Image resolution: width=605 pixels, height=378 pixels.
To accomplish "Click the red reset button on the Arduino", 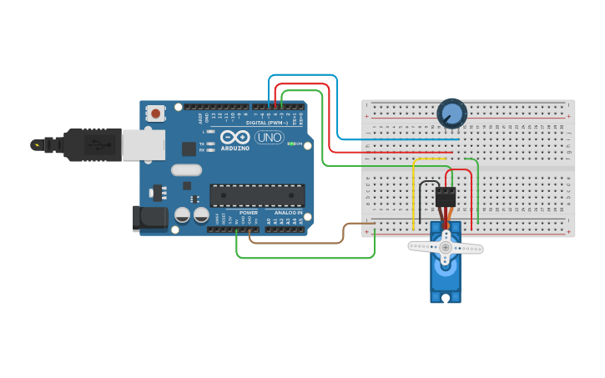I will click(x=154, y=113).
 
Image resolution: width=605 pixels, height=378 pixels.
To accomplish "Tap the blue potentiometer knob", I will click(x=451, y=113).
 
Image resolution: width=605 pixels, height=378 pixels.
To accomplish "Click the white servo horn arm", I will click(x=445, y=247).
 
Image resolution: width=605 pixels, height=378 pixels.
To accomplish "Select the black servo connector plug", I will click(x=446, y=197).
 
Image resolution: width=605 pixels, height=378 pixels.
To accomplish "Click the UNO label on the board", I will click(x=269, y=137).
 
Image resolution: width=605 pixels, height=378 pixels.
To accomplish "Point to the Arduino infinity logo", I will click(x=235, y=137).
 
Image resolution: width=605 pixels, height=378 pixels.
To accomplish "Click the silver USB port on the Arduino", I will click(x=144, y=144).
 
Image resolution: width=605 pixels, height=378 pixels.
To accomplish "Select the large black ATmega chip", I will click(x=257, y=195).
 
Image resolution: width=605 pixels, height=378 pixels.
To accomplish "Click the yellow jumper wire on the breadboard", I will click(x=413, y=192).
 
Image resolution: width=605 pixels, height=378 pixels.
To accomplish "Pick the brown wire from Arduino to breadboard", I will click(x=300, y=242).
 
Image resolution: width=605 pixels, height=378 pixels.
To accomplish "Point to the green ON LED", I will click(x=290, y=144).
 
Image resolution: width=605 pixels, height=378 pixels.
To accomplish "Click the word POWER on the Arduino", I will click(x=249, y=212).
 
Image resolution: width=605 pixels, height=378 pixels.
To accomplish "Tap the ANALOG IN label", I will click(x=289, y=212).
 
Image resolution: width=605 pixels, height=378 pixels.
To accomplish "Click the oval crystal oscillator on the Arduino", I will click(x=187, y=170).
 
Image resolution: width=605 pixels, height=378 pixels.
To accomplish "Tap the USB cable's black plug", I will click(x=92, y=144).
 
